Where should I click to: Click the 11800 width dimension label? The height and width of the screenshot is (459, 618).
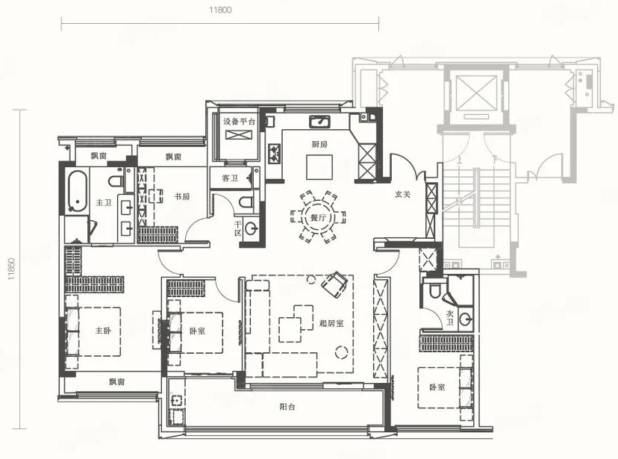(220, 10)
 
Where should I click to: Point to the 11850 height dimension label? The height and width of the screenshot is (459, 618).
(11, 269)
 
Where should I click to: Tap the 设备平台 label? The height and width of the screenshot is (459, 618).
(240, 122)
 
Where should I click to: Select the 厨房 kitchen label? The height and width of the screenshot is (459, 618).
(319, 145)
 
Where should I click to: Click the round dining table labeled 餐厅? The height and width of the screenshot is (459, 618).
(318, 216)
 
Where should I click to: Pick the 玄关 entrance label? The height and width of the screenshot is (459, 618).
(402, 194)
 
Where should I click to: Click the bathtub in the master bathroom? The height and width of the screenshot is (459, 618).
(76, 191)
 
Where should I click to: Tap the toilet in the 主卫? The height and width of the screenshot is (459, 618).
(116, 181)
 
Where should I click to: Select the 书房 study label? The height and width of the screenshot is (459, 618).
(181, 196)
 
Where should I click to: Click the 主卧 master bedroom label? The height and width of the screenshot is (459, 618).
(103, 331)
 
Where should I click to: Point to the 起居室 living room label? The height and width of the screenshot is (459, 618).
(331, 324)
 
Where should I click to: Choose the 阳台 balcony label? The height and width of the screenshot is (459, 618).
(287, 407)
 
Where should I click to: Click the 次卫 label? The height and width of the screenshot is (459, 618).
(450, 318)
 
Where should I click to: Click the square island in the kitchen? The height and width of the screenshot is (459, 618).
(319, 167)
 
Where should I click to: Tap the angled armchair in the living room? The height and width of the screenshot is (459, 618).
(334, 284)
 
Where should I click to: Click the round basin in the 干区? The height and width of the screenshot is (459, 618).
(251, 228)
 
